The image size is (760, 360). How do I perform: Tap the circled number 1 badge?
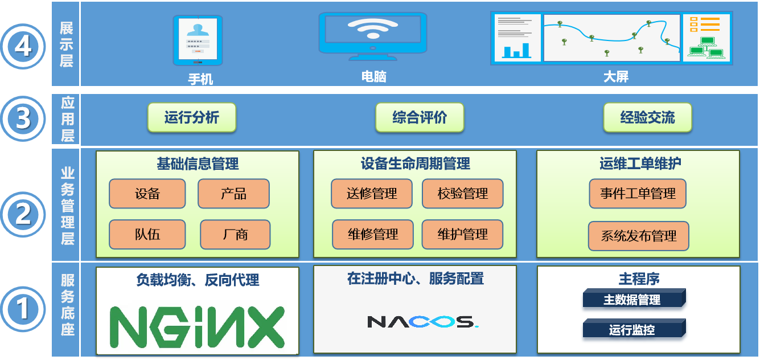coord(23,310)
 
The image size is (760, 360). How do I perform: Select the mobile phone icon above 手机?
coord(198,40)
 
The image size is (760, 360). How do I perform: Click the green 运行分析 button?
coord(192,118)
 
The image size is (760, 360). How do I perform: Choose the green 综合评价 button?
coord(420,118)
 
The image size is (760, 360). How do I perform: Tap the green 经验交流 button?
coord(647,118)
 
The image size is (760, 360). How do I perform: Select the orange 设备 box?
coord(147,194)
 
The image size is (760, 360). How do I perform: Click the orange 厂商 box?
coord(235,234)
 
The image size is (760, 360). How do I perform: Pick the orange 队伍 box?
coord(147,234)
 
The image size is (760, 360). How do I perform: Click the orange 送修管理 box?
coord(372,194)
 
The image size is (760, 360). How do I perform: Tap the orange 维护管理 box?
coord(462,234)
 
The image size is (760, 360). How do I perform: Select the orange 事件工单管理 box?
coord(638,194)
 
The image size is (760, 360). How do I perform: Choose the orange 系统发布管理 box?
coord(639,236)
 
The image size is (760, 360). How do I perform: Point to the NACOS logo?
coord(422,322)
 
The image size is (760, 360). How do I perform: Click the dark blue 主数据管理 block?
coord(632,300)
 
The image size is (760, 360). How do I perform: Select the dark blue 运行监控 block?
coord(632,329)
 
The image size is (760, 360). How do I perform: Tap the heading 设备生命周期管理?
coord(416,165)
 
